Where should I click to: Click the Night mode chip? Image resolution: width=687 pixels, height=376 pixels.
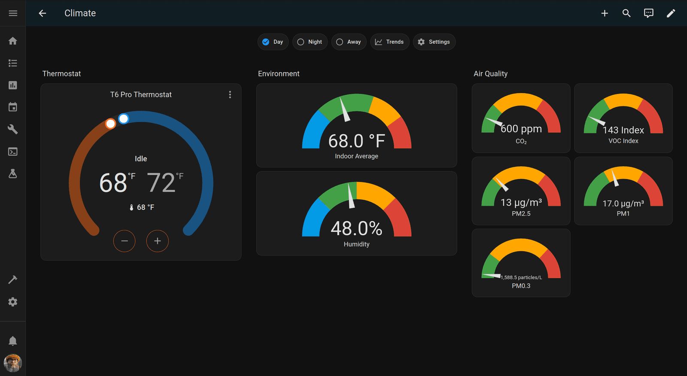310,42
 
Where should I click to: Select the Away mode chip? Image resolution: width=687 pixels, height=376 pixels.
349,42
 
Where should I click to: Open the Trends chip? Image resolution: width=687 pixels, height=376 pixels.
389,42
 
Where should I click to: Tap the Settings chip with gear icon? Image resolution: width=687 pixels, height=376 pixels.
434,42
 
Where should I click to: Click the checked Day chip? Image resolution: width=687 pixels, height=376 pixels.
273,42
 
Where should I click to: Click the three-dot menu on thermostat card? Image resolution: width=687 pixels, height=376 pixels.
230,94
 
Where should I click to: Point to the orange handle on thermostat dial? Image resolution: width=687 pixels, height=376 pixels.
110,124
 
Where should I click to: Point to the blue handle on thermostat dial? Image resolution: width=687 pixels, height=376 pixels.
124,118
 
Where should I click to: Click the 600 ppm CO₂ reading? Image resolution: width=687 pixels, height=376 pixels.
521,129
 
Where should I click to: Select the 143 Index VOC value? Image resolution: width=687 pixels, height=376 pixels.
623,130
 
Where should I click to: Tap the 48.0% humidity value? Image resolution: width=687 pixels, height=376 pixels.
356,229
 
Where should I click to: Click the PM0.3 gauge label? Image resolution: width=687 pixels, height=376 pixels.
521,286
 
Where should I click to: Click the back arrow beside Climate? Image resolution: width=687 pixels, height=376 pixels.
42,13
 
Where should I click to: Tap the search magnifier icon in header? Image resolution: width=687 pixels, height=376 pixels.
626,13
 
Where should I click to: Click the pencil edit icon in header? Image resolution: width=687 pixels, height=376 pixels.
671,13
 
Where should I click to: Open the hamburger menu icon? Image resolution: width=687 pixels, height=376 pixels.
13,13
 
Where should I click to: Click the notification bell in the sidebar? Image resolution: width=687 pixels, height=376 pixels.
13,341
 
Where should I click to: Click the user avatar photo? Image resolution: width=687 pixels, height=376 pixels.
13,363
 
